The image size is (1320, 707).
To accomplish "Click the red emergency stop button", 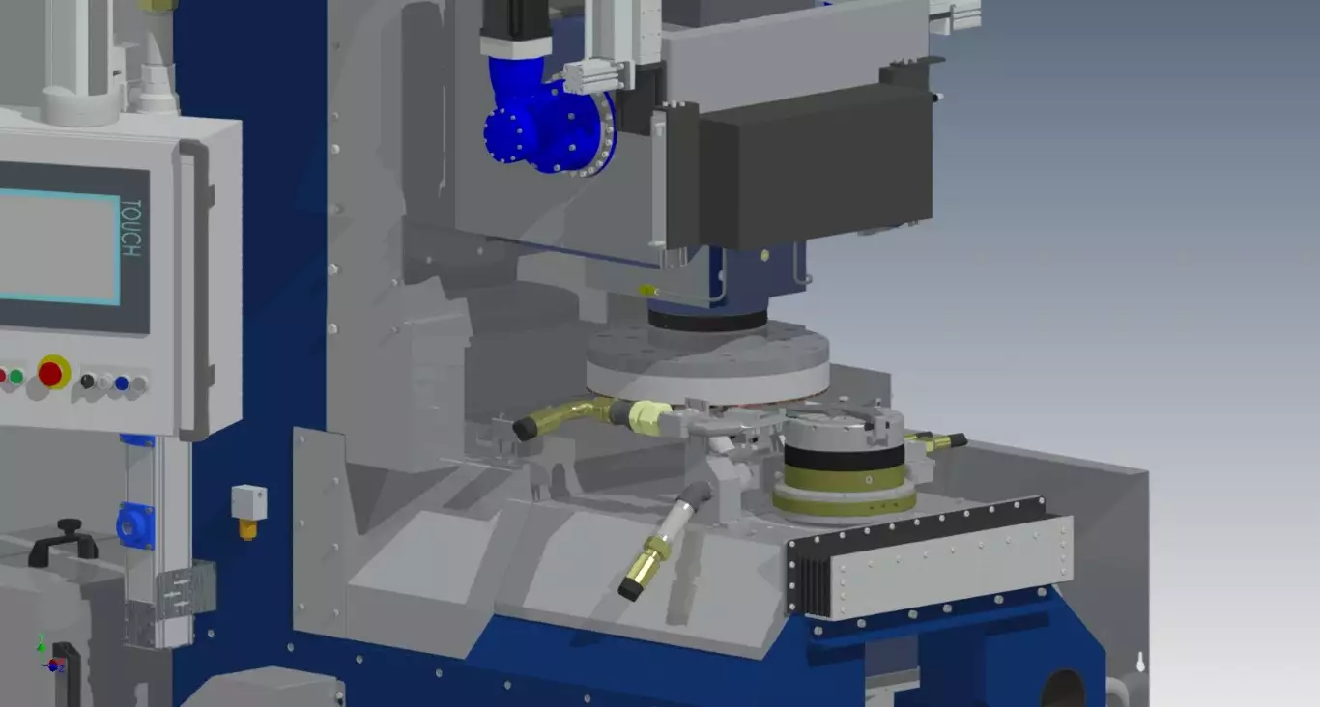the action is (50, 373).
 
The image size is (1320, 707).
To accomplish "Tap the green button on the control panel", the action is (16, 377).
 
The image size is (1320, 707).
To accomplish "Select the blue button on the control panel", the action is (122, 383).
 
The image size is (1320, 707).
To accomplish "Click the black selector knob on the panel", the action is (87, 382).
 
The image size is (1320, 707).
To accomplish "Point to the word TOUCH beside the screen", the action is (130, 227).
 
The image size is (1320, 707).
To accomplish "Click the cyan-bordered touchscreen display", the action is (60, 246).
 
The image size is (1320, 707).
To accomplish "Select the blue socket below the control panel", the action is (135, 525).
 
